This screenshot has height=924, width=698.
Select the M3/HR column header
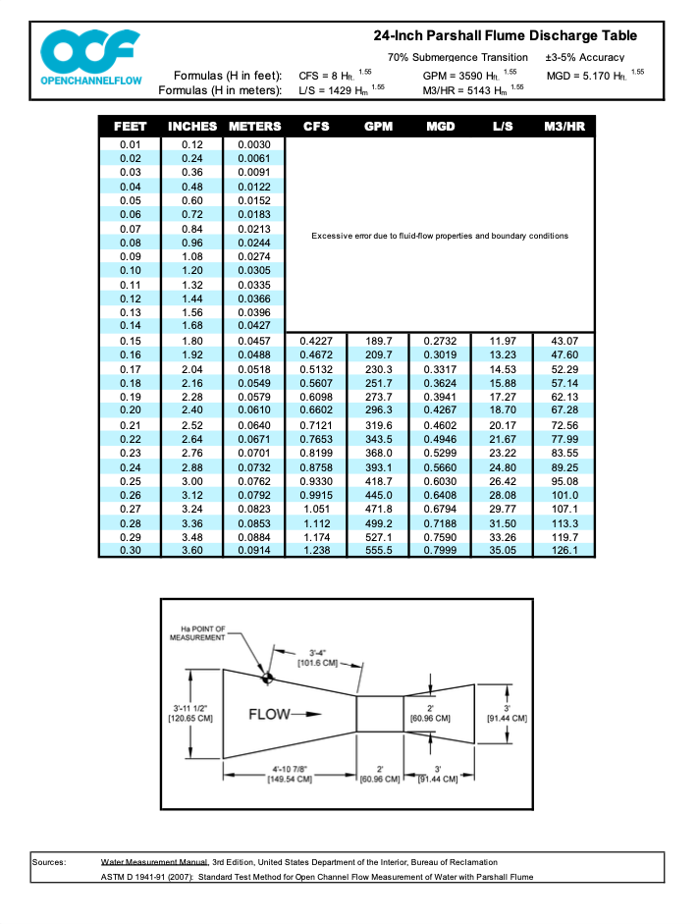[x=564, y=127]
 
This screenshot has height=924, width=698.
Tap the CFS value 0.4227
[x=315, y=341]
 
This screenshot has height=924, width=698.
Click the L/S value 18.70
[x=502, y=409]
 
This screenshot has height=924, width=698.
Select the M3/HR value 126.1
[x=564, y=551]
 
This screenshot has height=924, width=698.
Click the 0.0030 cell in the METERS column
[x=253, y=144]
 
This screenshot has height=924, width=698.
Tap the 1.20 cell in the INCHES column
[x=192, y=270]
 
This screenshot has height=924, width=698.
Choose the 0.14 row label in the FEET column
[x=131, y=325]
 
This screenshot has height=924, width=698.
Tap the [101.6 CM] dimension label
[x=316, y=663]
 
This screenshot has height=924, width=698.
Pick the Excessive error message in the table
[x=439, y=236]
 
